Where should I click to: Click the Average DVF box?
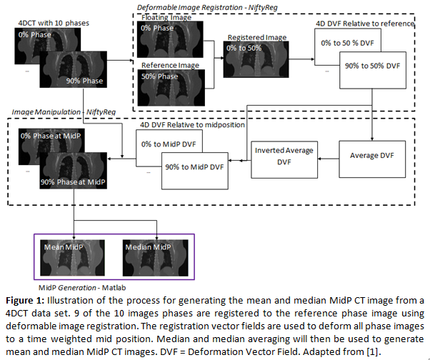pyautogui.click(x=372, y=159)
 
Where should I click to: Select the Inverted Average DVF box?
pyautogui.click(x=284, y=160)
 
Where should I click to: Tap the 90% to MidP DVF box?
pyautogui.click(x=195, y=171)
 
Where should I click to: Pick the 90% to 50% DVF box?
pyautogui.click(x=373, y=70)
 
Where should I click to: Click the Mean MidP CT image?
pyautogui.click(x=72, y=258)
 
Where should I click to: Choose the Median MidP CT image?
pyautogui.click(x=156, y=258)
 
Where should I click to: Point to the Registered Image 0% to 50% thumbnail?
pyautogui.click(x=256, y=59)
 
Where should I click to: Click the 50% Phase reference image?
pyautogui.click(x=171, y=88)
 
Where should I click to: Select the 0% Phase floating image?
pyautogui.click(x=170, y=39)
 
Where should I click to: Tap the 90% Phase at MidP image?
pyautogui.click(x=74, y=171)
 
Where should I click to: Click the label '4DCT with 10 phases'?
pyautogui.click(x=54, y=23)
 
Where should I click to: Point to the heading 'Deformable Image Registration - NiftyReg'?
pyautogui.click(x=207, y=7)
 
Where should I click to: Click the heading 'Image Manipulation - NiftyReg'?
pyautogui.click(x=64, y=112)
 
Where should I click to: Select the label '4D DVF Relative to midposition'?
pyautogui.click(x=193, y=125)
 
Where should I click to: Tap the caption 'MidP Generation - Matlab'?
pyautogui.click(x=82, y=288)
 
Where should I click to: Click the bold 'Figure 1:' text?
pyautogui.click(x=25, y=301)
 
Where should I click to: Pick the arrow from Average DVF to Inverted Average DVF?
pyautogui.click(x=329, y=159)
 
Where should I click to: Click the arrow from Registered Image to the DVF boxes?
pyautogui.click(x=301, y=59)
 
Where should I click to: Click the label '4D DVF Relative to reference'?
pyautogui.click(x=365, y=24)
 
